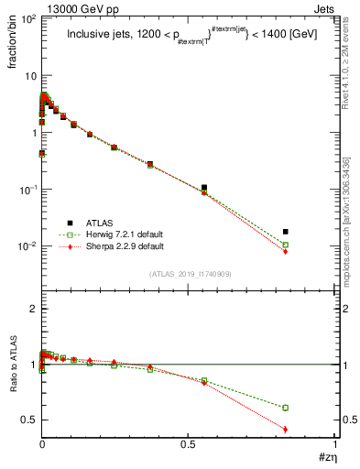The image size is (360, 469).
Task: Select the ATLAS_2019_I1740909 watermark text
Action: click(x=189, y=274)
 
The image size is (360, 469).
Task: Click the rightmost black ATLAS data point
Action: click(x=286, y=232)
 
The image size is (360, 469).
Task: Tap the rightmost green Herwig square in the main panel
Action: click(x=286, y=245)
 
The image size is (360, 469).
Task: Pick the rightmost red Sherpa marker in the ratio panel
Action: click(x=286, y=429)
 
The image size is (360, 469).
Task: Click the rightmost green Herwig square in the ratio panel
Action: click(x=286, y=408)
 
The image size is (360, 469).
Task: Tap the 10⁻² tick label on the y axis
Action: click(x=27, y=246)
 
